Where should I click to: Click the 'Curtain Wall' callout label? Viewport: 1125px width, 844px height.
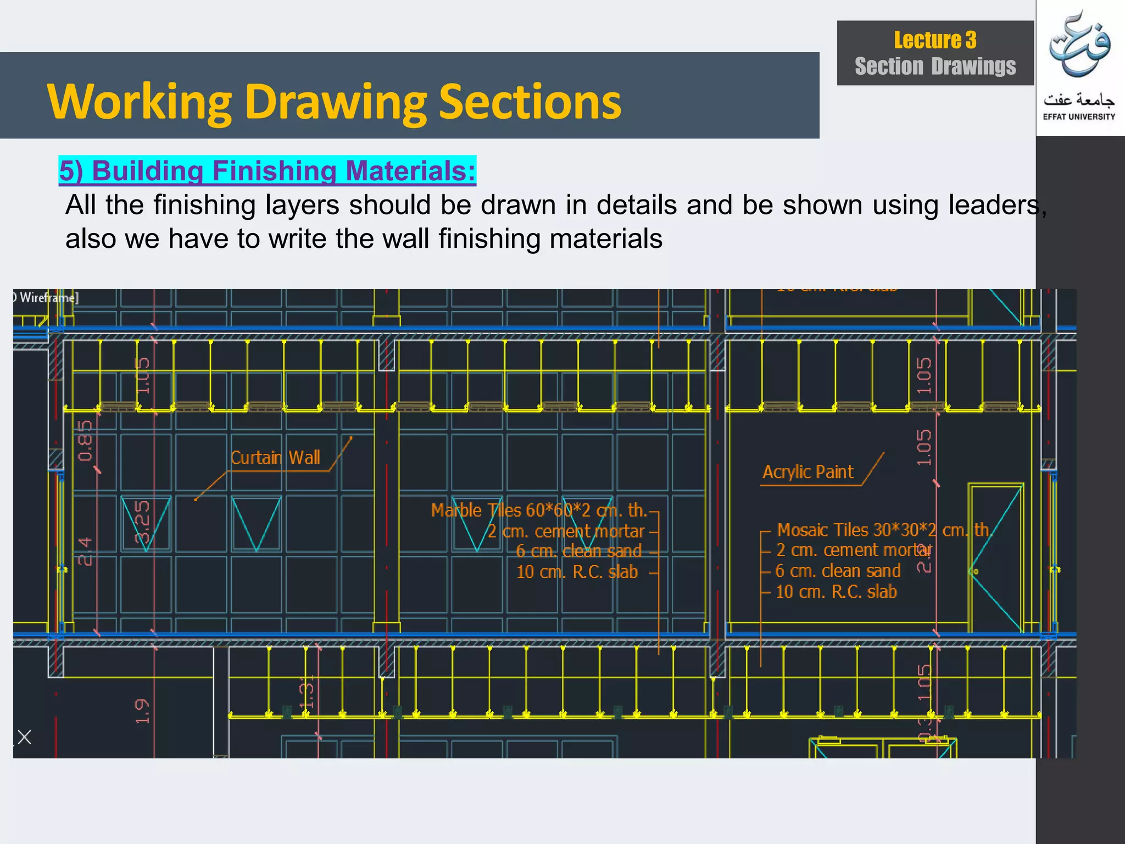tap(275, 458)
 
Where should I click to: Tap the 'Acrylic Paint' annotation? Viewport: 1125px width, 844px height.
tap(807, 472)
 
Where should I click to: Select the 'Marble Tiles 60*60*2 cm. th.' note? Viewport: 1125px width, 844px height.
tap(539, 510)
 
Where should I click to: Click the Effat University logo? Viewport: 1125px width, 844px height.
tap(1079, 66)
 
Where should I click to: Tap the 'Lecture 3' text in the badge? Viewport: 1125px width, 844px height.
tap(935, 40)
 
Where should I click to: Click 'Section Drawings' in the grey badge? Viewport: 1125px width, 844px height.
tap(935, 66)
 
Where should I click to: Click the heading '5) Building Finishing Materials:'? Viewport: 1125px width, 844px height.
tap(267, 170)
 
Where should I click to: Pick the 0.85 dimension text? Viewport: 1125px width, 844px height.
tap(86, 440)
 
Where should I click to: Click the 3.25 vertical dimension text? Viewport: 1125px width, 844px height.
tap(142, 521)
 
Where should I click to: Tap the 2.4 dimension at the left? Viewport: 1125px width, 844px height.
tap(85, 551)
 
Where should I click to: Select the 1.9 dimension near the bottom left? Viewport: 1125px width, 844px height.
tap(142, 711)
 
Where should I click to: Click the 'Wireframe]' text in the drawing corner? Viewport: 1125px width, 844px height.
tap(48, 298)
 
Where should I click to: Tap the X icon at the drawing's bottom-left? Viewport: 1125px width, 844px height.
tap(24, 737)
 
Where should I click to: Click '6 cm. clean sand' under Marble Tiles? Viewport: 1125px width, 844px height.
tap(578, 551)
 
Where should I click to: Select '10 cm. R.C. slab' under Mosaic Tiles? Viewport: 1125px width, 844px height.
tap(836, 592)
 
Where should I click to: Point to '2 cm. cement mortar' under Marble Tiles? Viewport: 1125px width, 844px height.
tap(566, 531)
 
